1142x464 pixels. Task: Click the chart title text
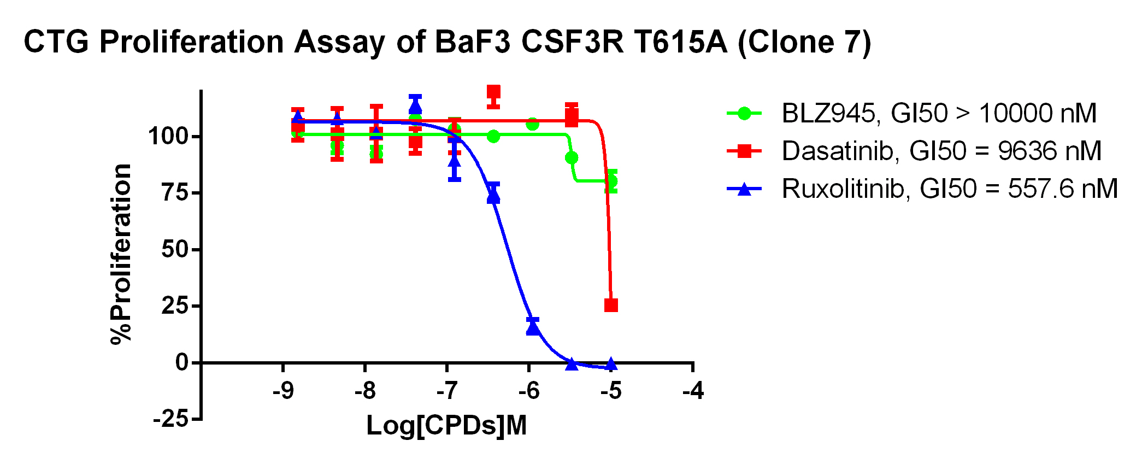click(447, 42)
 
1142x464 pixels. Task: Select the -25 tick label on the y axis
click(170, 419)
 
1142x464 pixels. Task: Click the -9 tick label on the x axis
click(282, 391)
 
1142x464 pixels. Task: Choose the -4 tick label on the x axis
click(693, 391)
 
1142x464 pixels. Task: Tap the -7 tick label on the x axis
click(446, 391)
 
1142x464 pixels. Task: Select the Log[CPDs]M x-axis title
click(446, 426)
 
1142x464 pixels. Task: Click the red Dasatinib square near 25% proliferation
click(611, 305)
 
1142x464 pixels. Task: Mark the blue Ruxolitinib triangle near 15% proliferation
click(533, 328)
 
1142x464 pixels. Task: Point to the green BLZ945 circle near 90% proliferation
click(572, 158)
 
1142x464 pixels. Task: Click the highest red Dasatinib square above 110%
click(493, 92)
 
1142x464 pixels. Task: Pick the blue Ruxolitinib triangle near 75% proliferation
click(493, 196)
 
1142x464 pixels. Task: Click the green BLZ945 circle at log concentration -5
click(611, 181)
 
